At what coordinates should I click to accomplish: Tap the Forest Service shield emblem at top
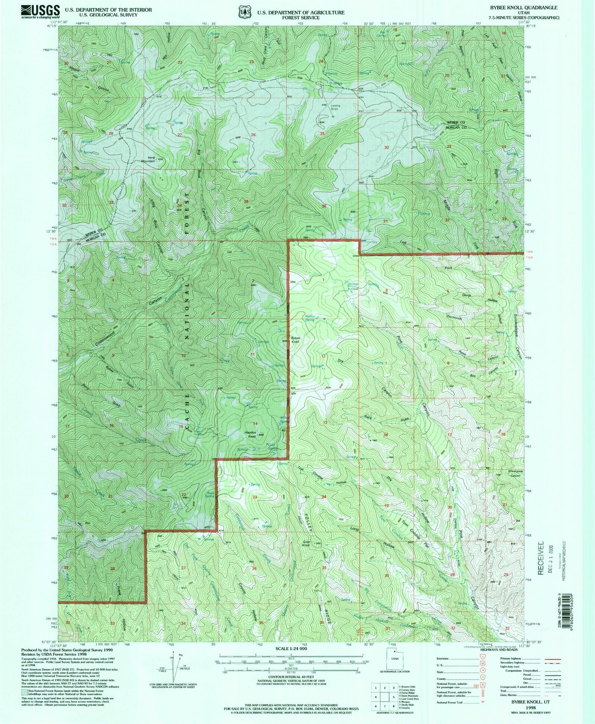(244, 12)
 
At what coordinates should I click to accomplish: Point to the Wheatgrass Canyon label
(515, 474)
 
